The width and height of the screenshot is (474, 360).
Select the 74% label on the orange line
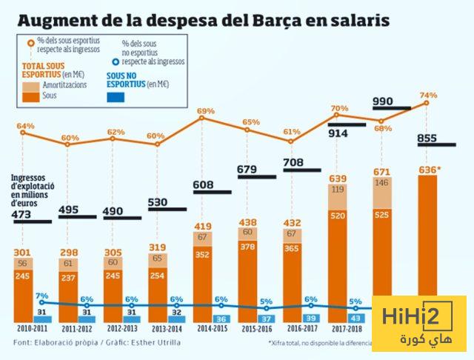pyautogui.click(x=429, y=96)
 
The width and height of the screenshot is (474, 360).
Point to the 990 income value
pyautogui.click(x=383, y=101)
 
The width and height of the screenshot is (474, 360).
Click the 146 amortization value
pyautogui.click(x=382, y=182)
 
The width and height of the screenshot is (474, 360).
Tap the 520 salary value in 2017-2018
pyautogui.click(x=338, y=215)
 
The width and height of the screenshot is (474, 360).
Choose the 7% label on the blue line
pyautogui.click(x=41, y=296)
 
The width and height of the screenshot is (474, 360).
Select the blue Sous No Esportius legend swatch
pyautogui.click(x=118, y=97)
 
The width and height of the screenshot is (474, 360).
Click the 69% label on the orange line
pyautogui.click(x=205, y=111)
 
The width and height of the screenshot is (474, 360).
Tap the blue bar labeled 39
pyautogui.click(x=310, y=317)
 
